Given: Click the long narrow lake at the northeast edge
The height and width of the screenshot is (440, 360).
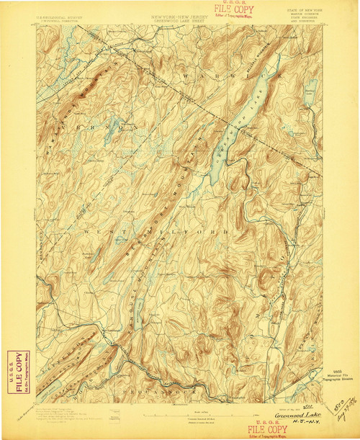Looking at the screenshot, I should [x=310, y=94].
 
